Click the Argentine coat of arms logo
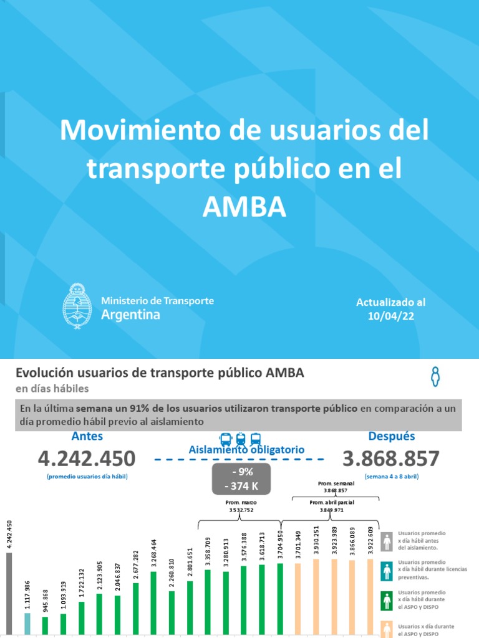[x=77, y=306]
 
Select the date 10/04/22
[x=390, y=316]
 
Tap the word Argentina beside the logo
[x=130, y=315]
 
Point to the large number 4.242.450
[x=86, y=459]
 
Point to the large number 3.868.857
[x=391, y=459]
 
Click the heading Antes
[x=87, y=436]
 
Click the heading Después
[x=391, y=436]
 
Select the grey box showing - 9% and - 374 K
[x=241, y=477]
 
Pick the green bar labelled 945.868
[x=45, y=626]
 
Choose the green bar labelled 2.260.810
[x=172, y=614]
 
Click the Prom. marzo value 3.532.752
[x=240, y=508]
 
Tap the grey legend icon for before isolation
[x=387, y=541]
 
